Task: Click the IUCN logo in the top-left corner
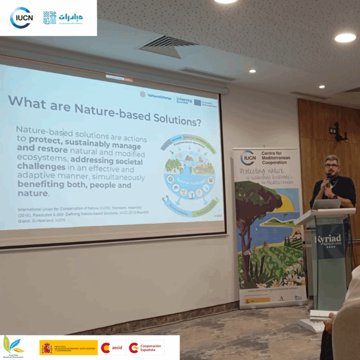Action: point(21,18)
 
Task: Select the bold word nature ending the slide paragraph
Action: point(32,193)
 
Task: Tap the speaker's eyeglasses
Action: point(331,166)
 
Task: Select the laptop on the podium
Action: point(327,204)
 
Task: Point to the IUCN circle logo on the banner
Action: point(248,157)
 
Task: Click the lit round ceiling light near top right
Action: point(345,38)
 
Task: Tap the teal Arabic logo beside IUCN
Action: point(63,18)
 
